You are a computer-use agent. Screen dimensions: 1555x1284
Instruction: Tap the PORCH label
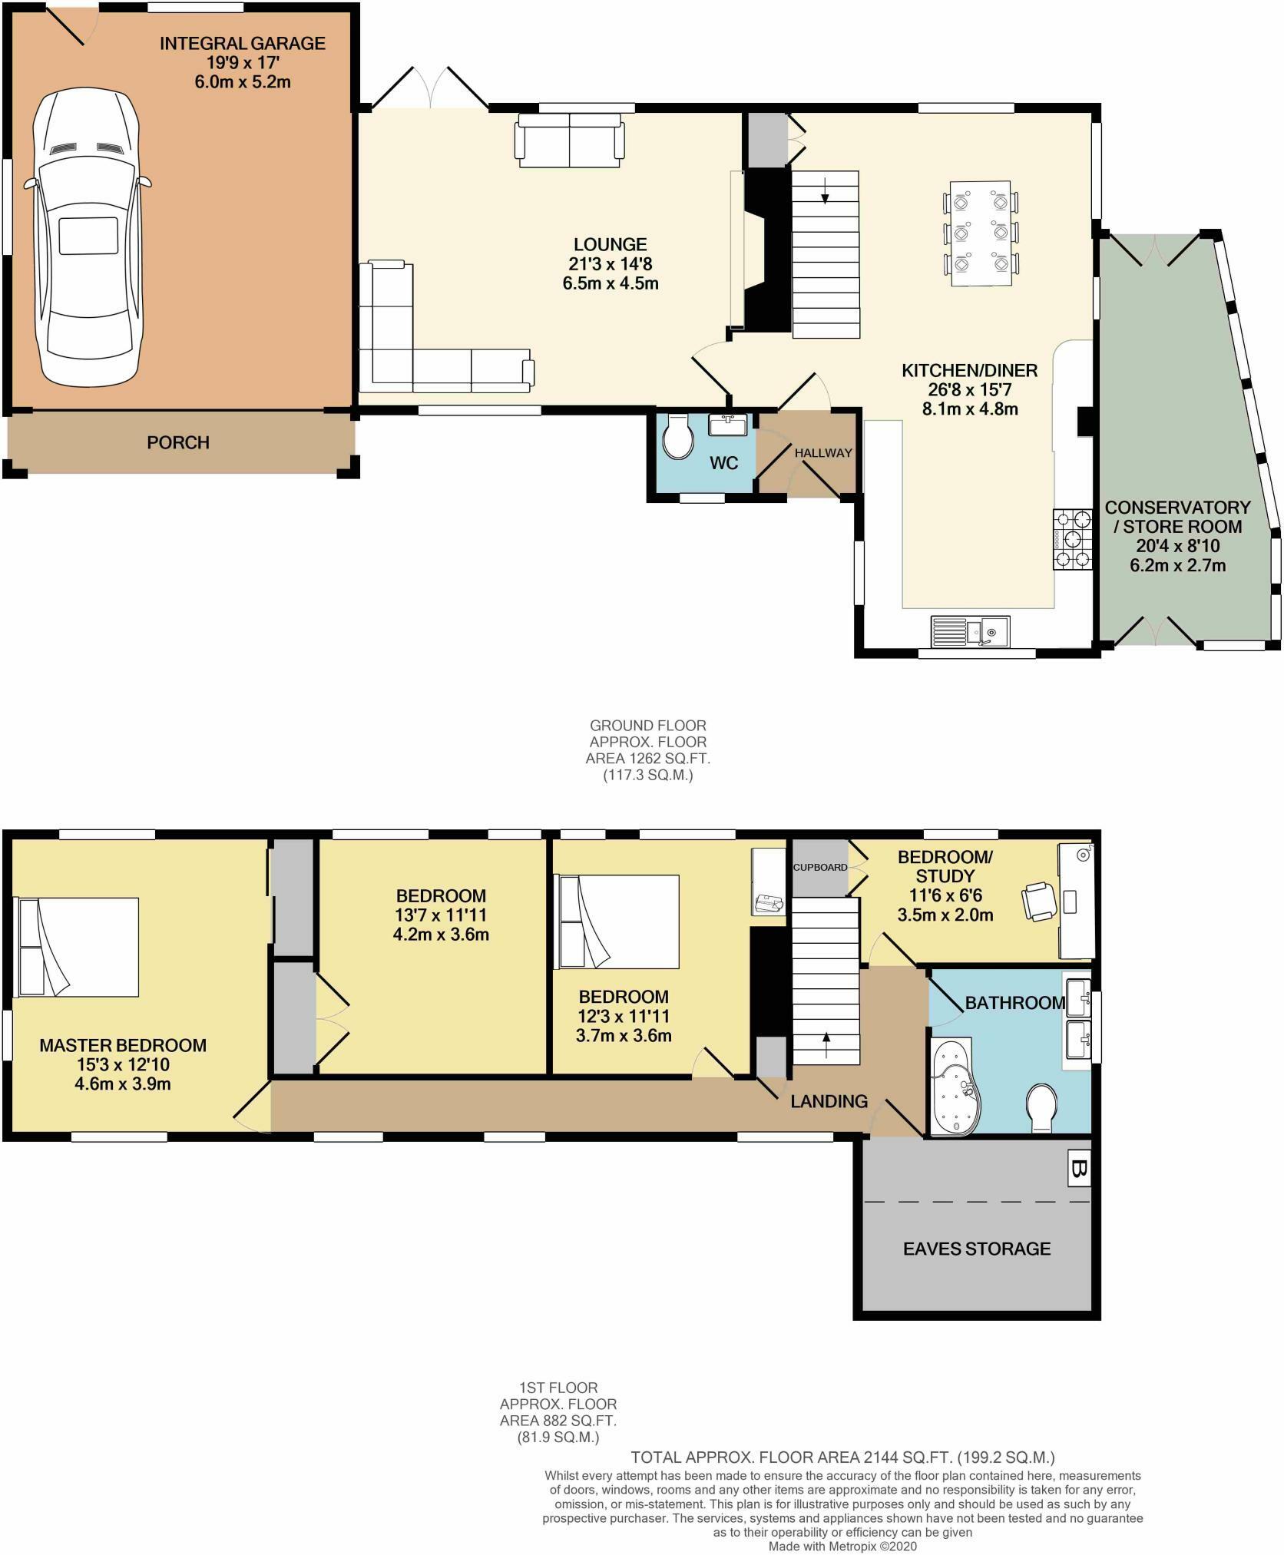177,443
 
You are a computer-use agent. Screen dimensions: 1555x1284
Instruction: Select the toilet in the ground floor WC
678,437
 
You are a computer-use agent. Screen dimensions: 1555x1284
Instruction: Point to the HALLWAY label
823,453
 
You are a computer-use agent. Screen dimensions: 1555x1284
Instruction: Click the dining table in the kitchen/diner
981,233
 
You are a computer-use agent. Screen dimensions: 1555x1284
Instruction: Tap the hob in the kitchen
1073,540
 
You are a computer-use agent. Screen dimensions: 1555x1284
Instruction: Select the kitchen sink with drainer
970,631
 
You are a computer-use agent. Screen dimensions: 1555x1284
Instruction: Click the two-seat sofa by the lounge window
570,140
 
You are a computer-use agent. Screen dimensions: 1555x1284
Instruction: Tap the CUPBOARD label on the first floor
819,867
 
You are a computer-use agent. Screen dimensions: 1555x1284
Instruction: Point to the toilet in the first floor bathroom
1043,1107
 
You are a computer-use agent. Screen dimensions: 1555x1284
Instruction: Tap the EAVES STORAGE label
976,1248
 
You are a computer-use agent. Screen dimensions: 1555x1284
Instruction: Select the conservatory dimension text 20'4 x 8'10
1177,547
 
